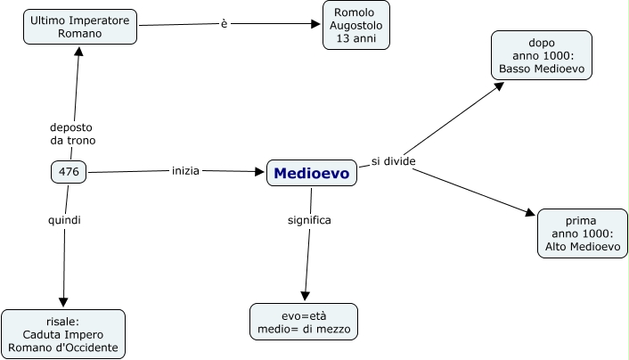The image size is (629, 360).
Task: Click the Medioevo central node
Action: pos(312,174)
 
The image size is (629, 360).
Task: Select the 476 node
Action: pos(69,172)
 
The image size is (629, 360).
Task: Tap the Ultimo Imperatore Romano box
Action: pos(80,27)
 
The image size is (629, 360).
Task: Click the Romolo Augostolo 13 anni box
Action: pos(355,25)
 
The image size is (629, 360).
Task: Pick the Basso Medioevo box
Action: pos(541,55)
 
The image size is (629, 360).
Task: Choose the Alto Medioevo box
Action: pos(583,233)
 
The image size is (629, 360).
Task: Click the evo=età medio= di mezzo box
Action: pos(304,322)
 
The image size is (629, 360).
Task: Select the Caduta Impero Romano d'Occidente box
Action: pos(63,334)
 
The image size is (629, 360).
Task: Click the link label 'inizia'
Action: pos(185,169)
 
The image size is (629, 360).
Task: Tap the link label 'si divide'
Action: pos(394,161)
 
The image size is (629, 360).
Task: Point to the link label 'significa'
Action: pos(309,219)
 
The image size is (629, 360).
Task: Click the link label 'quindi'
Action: pos(64,219)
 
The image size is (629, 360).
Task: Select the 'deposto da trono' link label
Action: pos(72,134)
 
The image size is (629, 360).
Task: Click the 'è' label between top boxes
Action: pos(224,23)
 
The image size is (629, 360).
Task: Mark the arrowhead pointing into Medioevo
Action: pos(260,171)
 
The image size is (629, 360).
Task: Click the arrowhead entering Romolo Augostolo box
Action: pos(315,24)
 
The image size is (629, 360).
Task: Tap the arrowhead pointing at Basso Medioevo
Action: pos(500,86)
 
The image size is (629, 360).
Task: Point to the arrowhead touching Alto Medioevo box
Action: pos(531,213)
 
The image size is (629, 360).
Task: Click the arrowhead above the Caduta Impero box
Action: pos(62,302)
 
